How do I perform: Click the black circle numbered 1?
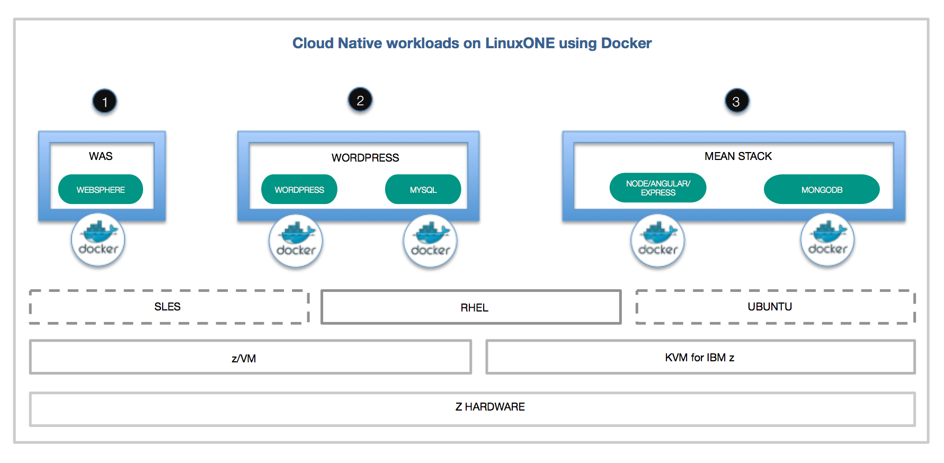105,101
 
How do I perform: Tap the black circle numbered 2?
360,100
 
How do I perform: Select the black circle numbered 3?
736,101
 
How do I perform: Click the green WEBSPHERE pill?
101,189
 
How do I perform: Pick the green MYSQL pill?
423,189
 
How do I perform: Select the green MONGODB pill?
822,189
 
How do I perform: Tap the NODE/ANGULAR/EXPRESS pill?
658,188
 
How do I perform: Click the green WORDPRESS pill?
299,189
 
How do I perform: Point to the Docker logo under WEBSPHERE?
98,239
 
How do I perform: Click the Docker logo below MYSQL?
430,241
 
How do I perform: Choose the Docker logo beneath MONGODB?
827,240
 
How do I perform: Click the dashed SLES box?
169,307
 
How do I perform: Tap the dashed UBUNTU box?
776,307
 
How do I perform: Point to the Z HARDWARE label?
490,407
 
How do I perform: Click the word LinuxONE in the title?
520,43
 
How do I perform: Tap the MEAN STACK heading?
738,156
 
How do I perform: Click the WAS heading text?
101,156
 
